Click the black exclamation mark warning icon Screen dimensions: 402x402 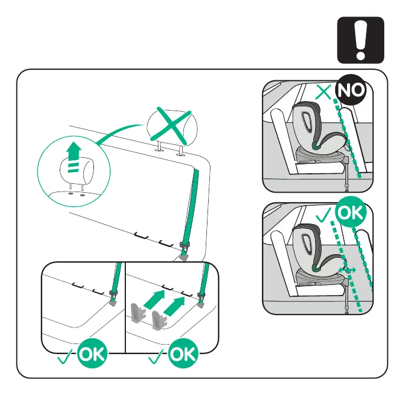click(x=361, y=40)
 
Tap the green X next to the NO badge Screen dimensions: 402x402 click(x=323, y=92)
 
